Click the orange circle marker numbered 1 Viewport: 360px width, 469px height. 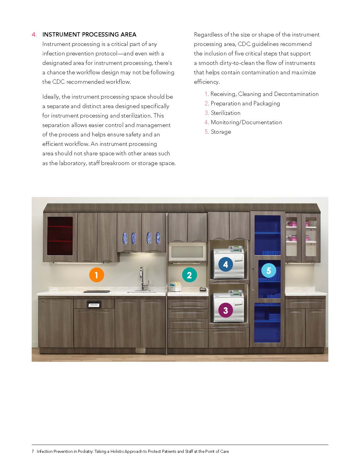pos(96,275)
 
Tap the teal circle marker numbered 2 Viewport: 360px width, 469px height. pos(189,275)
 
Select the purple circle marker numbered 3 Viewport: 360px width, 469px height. pos(225,310)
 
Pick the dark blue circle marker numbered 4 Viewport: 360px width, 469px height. pos(225,264)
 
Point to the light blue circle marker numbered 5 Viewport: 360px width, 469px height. pos(268,270)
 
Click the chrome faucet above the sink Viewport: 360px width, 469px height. pos(142,278)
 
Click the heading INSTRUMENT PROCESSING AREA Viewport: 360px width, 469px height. pos(89,34)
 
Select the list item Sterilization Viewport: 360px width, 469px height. pos(225,113)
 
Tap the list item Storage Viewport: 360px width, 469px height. pos(221,132)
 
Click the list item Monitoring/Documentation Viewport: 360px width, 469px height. pos(246,122)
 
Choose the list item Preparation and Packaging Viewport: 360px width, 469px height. pos(245,104)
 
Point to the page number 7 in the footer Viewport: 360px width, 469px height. pos(33,451)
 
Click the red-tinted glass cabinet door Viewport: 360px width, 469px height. pos(60,236)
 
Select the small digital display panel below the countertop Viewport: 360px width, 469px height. pos(94,304)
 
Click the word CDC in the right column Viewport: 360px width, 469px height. pos(244,44)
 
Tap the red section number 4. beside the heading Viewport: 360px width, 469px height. pos(34,34)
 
